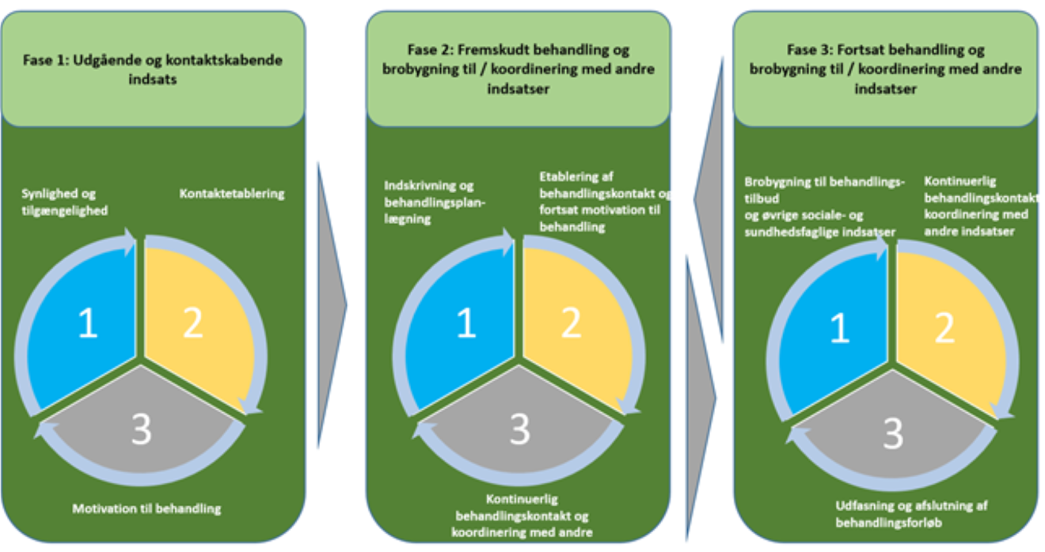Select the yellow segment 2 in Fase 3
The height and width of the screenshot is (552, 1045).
[x=946, y=324]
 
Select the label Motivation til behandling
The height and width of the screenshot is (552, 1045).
[x=146, y=508]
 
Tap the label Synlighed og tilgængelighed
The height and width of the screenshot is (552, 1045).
[x=64, y=201]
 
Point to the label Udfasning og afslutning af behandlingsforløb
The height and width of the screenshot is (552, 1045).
[x=911, y=513]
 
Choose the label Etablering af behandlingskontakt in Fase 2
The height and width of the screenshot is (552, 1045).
[x=603, y=201]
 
